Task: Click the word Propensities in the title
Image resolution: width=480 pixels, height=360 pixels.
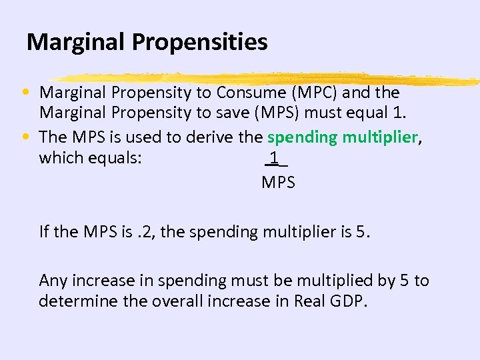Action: click(x=200, y=43)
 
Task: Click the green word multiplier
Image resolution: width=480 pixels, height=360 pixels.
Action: click(x=380, y=137)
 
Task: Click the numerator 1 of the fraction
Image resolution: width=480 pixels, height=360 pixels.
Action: click(x=274, y=158)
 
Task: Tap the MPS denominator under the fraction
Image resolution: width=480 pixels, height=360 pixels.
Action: click(x=278, y=182)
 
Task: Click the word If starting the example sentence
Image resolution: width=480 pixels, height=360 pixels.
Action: click(x=44, y=232)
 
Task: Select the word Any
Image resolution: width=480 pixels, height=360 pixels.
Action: click(x=53, y=281)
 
